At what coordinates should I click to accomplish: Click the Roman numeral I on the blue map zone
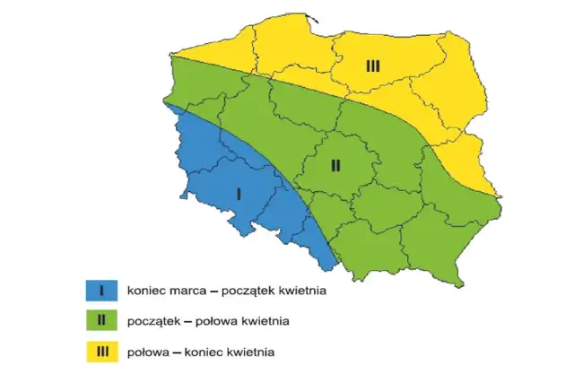(239, 194)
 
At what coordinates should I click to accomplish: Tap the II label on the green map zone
(335, 165)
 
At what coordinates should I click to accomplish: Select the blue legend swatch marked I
(102, 290)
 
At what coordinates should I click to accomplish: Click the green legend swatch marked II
(102, 320)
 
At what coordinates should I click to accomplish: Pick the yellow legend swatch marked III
(102, 352)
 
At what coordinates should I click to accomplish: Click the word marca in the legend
(187, 291)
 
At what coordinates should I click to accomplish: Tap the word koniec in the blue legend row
(147, 291)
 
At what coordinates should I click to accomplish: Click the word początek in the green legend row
(153, 321)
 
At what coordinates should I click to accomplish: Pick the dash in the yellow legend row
(178, 352)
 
